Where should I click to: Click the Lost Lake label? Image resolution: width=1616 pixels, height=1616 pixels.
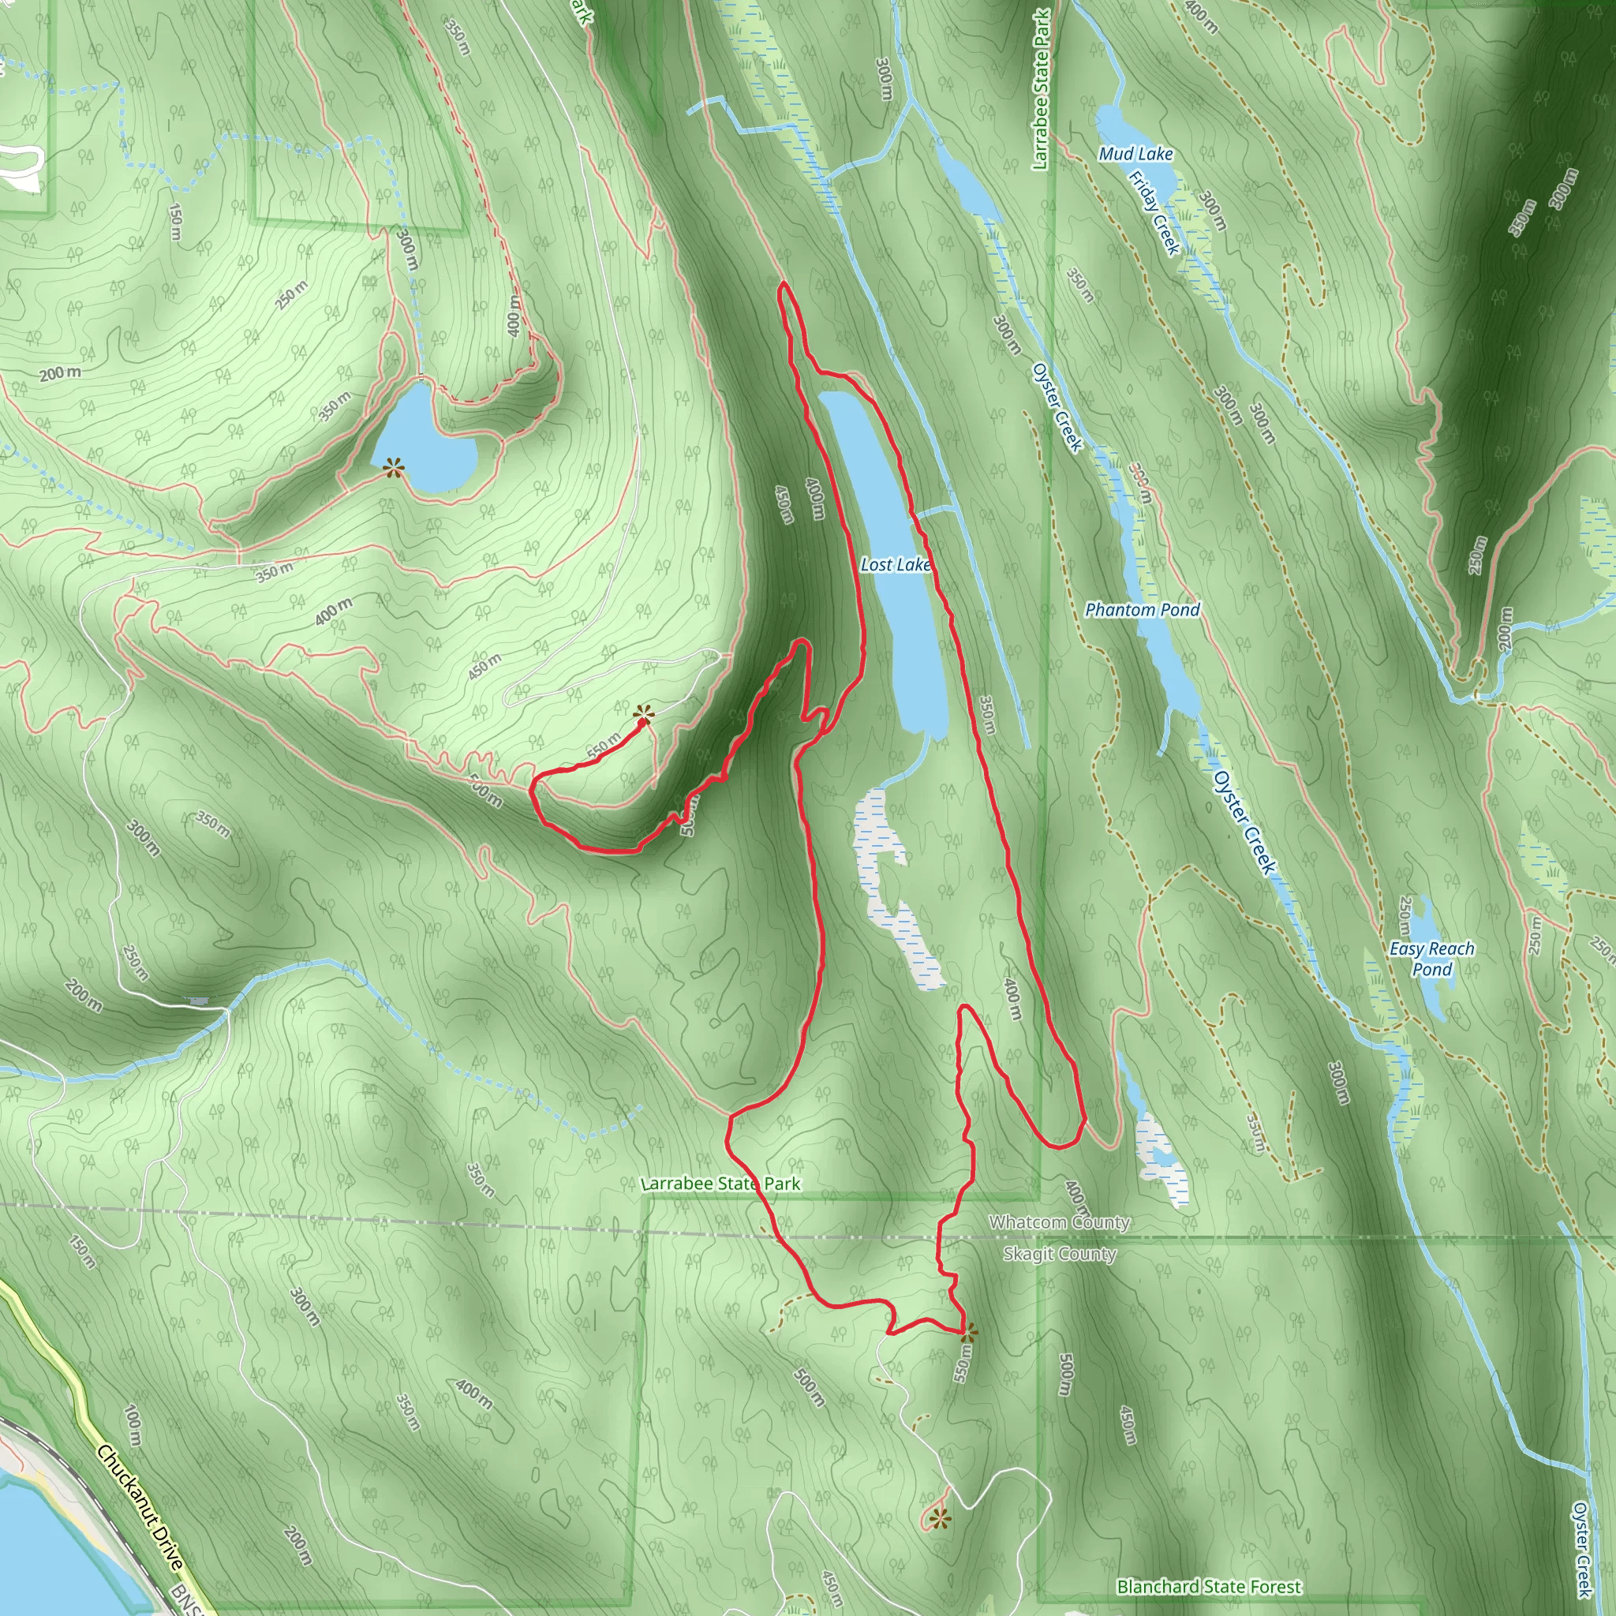tap(895, 565)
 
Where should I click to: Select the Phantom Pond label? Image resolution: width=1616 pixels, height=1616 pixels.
tap(1142, 610)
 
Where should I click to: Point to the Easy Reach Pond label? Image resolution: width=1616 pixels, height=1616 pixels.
tap(1431, 959)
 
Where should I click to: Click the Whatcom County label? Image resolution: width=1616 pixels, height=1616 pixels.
tap(1059, 1222)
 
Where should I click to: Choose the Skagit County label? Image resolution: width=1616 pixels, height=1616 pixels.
tap(1059, 1254)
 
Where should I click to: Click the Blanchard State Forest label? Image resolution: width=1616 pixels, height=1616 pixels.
tap(1209, 1587)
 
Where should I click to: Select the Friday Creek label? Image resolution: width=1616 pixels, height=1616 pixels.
tap(1154, 212)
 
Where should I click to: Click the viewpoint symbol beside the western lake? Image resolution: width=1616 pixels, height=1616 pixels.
tap(393, 468)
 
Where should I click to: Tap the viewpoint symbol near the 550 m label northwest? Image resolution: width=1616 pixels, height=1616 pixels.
tap(642, 713)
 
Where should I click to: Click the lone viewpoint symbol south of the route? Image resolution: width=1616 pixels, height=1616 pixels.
tap(939, 1518)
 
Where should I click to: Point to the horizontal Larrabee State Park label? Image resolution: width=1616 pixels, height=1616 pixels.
tap(720, 1184)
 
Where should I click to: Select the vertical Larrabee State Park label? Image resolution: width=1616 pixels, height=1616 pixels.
tap(1041, 89)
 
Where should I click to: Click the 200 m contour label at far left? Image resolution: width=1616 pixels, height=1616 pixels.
tap(60, 373)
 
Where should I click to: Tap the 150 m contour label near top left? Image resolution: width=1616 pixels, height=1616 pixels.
tap(175, 222)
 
